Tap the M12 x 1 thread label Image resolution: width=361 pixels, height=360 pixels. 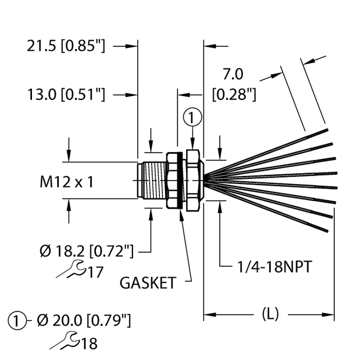point(66,182)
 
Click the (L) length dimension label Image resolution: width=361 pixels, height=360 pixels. point(270,314)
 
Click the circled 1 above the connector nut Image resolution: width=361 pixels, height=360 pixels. point(192,118)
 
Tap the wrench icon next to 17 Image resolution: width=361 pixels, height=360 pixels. point(72,269)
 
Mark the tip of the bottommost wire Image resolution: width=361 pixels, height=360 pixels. point(326,230)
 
